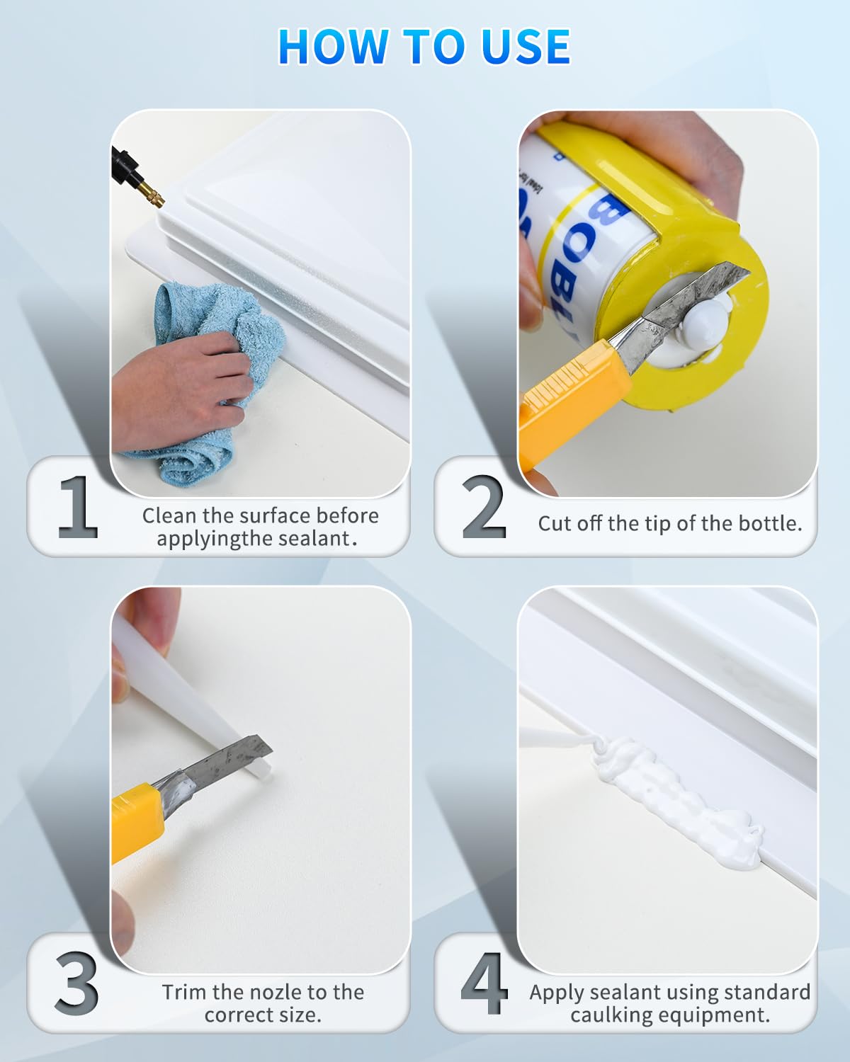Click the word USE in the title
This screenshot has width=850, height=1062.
526,47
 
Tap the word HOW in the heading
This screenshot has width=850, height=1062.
334,47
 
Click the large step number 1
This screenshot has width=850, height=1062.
79,507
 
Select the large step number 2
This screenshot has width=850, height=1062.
484,507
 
